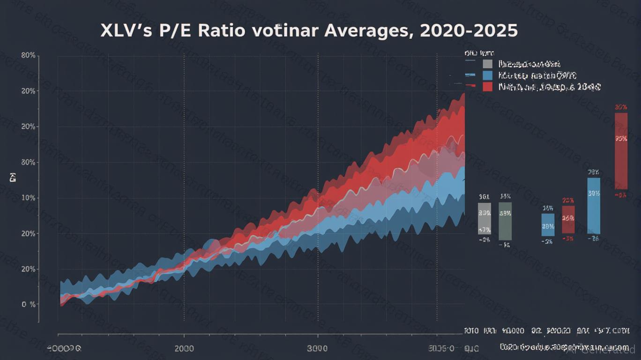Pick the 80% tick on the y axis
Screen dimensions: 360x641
click(29, 55)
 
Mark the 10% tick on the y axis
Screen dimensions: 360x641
click(29, 198)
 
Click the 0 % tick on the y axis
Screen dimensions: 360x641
click(29, 304)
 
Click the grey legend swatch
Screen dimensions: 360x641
click(487, 64)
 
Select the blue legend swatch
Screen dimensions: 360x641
click(487, 75)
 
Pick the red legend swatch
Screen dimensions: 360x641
click(487, 87)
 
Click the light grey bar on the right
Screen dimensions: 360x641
click(484, 218)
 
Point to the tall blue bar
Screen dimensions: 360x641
click(594, 206)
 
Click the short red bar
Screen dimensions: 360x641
click(568, 219)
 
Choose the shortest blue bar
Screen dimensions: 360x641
click(548, 225)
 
